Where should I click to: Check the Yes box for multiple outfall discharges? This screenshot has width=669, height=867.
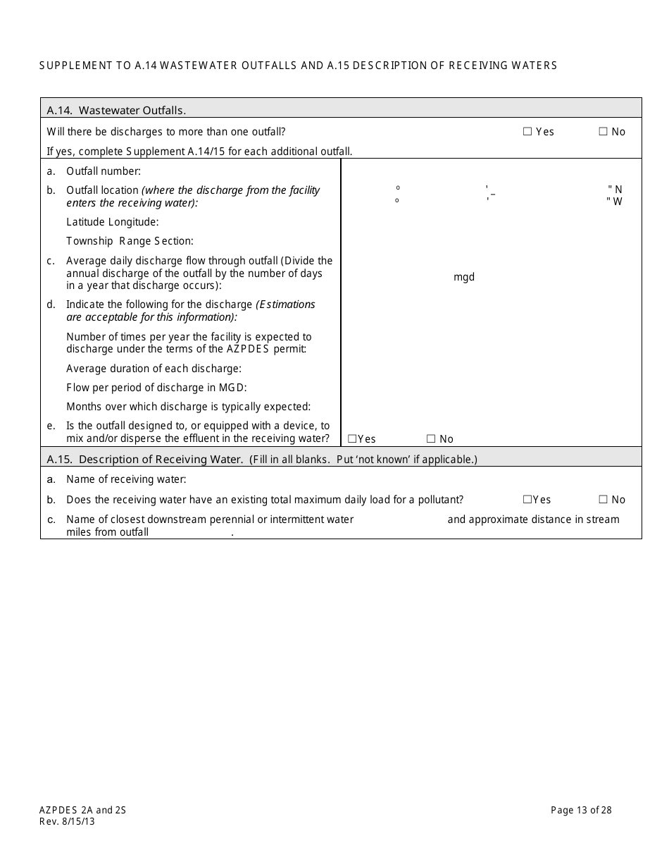click(x=527, y=132)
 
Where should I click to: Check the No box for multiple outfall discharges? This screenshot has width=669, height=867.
click(x=604, y=132)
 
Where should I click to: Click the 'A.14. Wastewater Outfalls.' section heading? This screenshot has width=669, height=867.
click(x=116, y=110)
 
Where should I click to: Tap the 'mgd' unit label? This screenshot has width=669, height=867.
click(x=464, y=277)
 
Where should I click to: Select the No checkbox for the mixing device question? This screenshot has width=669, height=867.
click(x=431, y=439)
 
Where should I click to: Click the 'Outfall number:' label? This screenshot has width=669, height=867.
click(x=104, y=171)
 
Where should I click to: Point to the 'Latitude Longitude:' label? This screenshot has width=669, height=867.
click(x=113, y=222)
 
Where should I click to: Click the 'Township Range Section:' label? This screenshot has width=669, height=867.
click(x=130, y=241)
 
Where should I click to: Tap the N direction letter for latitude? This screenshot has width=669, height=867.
click(x=618, y=189)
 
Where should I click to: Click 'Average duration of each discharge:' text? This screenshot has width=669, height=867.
click(x=154, y=369)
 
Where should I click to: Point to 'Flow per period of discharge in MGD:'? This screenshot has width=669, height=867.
click(x=156, y=388)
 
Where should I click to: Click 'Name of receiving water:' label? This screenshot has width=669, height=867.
click(x=126, y=479)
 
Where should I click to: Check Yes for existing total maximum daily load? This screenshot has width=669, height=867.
click(x=527, y=500)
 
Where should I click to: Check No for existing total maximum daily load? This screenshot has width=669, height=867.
click(x=604, y=500)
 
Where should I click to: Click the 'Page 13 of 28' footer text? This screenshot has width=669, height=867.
click(x=581, y=810)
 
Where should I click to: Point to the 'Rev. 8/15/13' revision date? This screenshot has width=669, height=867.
click(x=67, y=821)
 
